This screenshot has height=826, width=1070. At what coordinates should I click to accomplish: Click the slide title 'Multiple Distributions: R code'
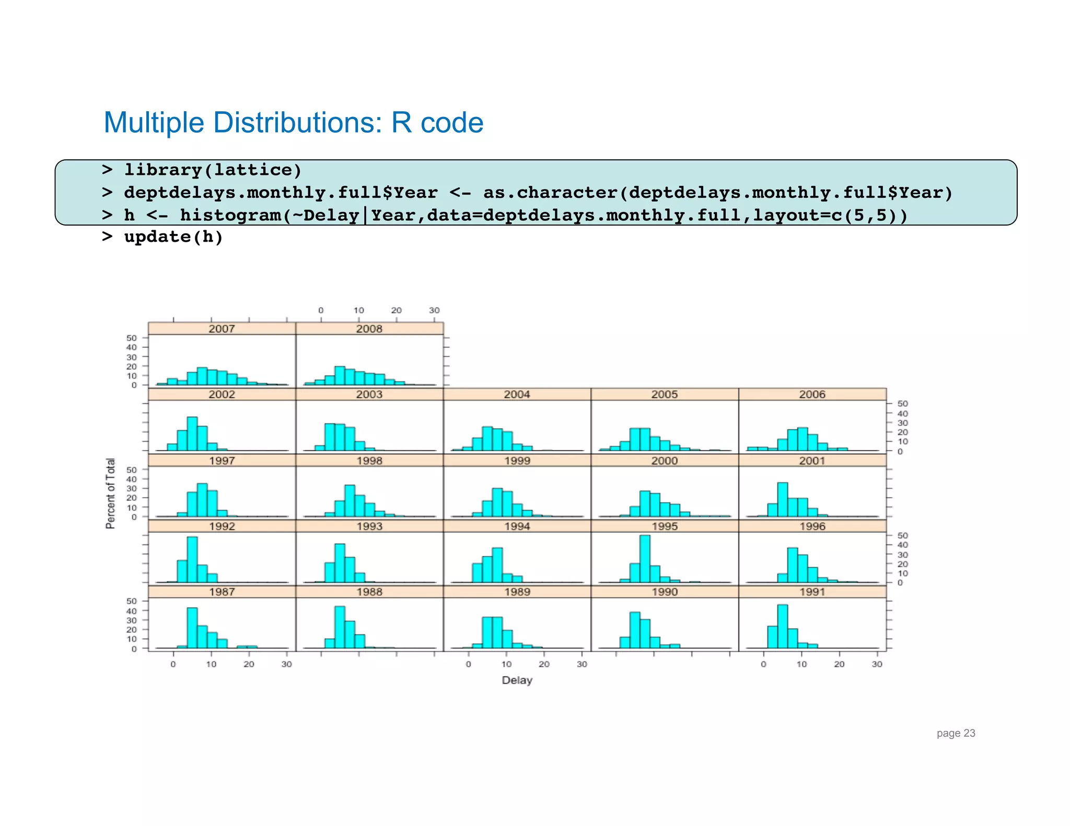tap(293, 123)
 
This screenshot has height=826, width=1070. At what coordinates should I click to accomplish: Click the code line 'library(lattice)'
tap(213, 170)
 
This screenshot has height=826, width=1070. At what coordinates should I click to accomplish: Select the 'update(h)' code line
tap(173, 237)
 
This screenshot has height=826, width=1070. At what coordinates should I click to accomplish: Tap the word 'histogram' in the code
tap(230, 215)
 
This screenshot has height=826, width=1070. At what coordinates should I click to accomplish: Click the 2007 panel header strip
tap(222, 329)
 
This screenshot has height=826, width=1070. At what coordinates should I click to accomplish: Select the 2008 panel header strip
tap(369, 329)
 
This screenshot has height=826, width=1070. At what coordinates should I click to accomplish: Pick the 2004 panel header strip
tap(517, 395)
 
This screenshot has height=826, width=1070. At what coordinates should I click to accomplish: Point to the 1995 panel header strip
tap(665, 526)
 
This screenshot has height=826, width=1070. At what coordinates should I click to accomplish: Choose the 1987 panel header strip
tap(222, 592)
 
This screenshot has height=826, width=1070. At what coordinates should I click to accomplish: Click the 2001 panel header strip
tap(812, 461)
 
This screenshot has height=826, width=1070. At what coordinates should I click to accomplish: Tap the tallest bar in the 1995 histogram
tap(645, 559)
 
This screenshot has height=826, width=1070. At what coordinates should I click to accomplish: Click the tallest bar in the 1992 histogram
tap(192, 560)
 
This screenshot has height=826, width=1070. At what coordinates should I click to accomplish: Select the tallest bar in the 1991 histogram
tap(782, 627)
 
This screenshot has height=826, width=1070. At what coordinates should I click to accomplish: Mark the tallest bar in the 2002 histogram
tap(192, 434)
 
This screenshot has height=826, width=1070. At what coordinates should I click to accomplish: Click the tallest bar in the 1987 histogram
tap(192, 628)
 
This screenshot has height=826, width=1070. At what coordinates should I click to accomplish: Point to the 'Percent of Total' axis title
tap(110, 493)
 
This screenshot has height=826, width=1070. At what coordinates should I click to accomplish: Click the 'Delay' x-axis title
tap(517, 680)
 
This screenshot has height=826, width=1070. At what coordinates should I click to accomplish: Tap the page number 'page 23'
tap(956, 733)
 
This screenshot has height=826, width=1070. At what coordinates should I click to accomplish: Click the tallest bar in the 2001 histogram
tap(782, 500)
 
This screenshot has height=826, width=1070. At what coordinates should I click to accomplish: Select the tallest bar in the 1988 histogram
tap(340, 627)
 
